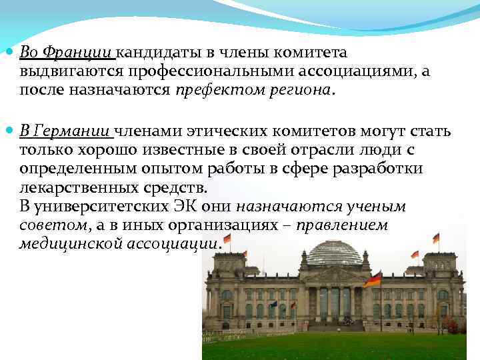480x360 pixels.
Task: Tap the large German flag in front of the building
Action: tap(373, 279)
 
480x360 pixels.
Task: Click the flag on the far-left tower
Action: tap(227, 238)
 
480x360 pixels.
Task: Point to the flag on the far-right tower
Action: tap(436, 237)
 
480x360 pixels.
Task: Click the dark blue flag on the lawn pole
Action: tap(273, 304)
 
